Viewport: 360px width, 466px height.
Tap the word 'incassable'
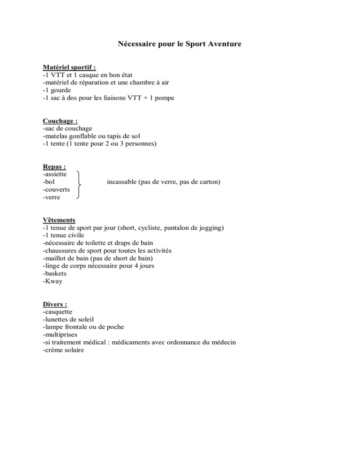[x=123, y=181]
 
